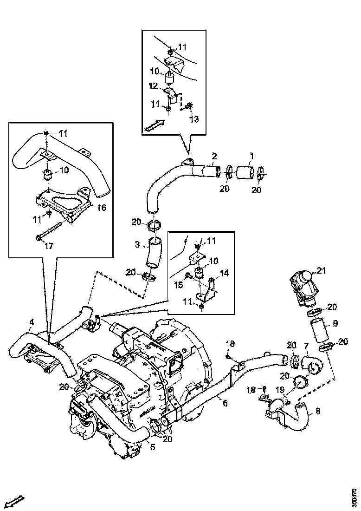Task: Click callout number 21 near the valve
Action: [x=322, y=270]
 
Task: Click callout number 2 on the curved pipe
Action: [x=214, y=155]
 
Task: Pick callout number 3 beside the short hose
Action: [x=137, y=244]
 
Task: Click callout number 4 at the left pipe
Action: [x=31, y=321]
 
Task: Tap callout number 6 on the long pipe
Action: [x=225, y=404]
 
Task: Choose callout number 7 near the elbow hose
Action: [x=306, y=346]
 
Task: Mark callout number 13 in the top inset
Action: [x=194, y=119]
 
